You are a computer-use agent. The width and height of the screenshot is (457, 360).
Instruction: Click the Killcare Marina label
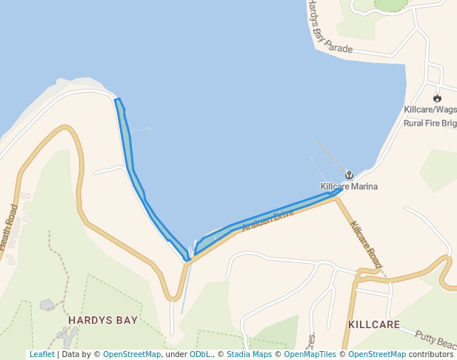pos(349,187)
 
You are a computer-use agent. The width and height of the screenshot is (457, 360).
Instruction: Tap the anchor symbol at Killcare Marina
pos(349,176)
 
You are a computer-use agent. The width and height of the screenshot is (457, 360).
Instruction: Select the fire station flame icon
pos(437,98)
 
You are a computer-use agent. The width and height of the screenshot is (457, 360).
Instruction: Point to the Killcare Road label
pos(366,244)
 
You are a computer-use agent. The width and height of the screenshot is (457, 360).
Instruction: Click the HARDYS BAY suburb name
pos(103,321)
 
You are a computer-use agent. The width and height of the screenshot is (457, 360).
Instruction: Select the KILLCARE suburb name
pos(374,324)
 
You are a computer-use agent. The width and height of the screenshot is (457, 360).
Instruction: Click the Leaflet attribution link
pos(41,354)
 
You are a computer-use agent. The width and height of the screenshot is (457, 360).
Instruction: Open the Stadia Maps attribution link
pos(249,354)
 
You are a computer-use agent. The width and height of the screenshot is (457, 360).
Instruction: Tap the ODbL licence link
pos(200,354)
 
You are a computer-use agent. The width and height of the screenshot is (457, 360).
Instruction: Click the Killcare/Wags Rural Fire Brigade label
pos(430,116)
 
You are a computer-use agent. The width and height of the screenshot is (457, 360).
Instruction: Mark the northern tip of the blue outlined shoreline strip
pos(117,99)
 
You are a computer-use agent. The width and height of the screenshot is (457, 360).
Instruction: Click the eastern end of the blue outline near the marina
pos(340,189)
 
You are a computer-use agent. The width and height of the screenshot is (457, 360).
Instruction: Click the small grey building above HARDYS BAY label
pos(47,304)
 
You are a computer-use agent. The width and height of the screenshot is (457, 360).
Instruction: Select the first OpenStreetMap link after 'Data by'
pos(132,354)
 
